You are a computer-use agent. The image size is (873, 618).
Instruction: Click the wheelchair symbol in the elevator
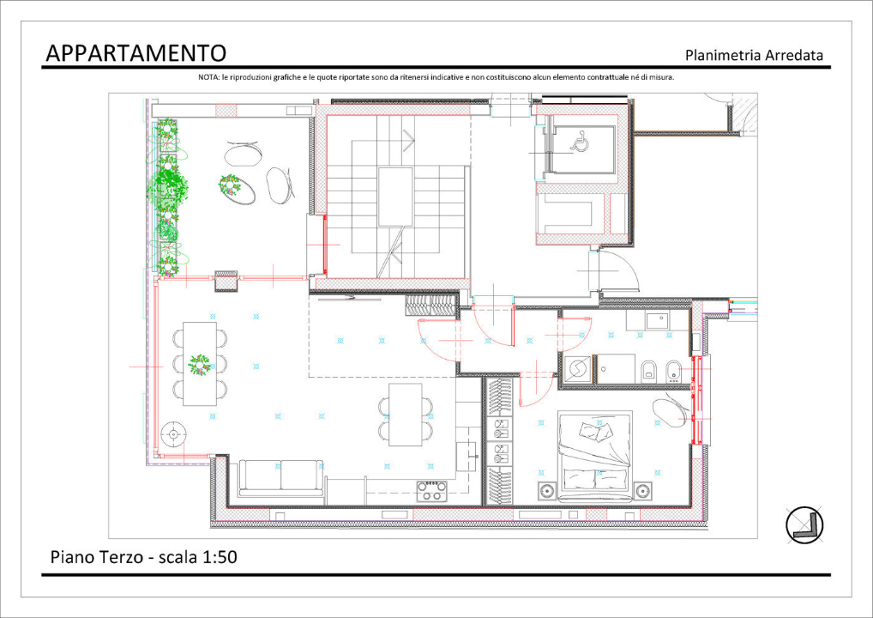pyautogui.click(x=581, y=142)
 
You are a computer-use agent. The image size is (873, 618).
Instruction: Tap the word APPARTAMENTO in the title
pyautogui.click(x=135, y=53)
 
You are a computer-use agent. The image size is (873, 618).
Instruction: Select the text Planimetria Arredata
pyautogui.click(x=754, y=56)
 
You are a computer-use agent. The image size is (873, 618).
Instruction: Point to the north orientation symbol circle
pyautogui.click(x=804, y=524)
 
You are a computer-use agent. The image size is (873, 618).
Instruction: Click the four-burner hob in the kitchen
pyautogui.click(x=432, y=491)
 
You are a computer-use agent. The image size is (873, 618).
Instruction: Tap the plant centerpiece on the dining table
pyautogui.click(x=200, y=365)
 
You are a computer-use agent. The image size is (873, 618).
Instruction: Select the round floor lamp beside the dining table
pyautogui.click(x=175, y=434)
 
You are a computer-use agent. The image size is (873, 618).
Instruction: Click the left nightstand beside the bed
pyautogui.click(x=546, y=492)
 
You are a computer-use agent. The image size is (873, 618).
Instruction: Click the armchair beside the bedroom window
pyautogui.click(x=670, y=410)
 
